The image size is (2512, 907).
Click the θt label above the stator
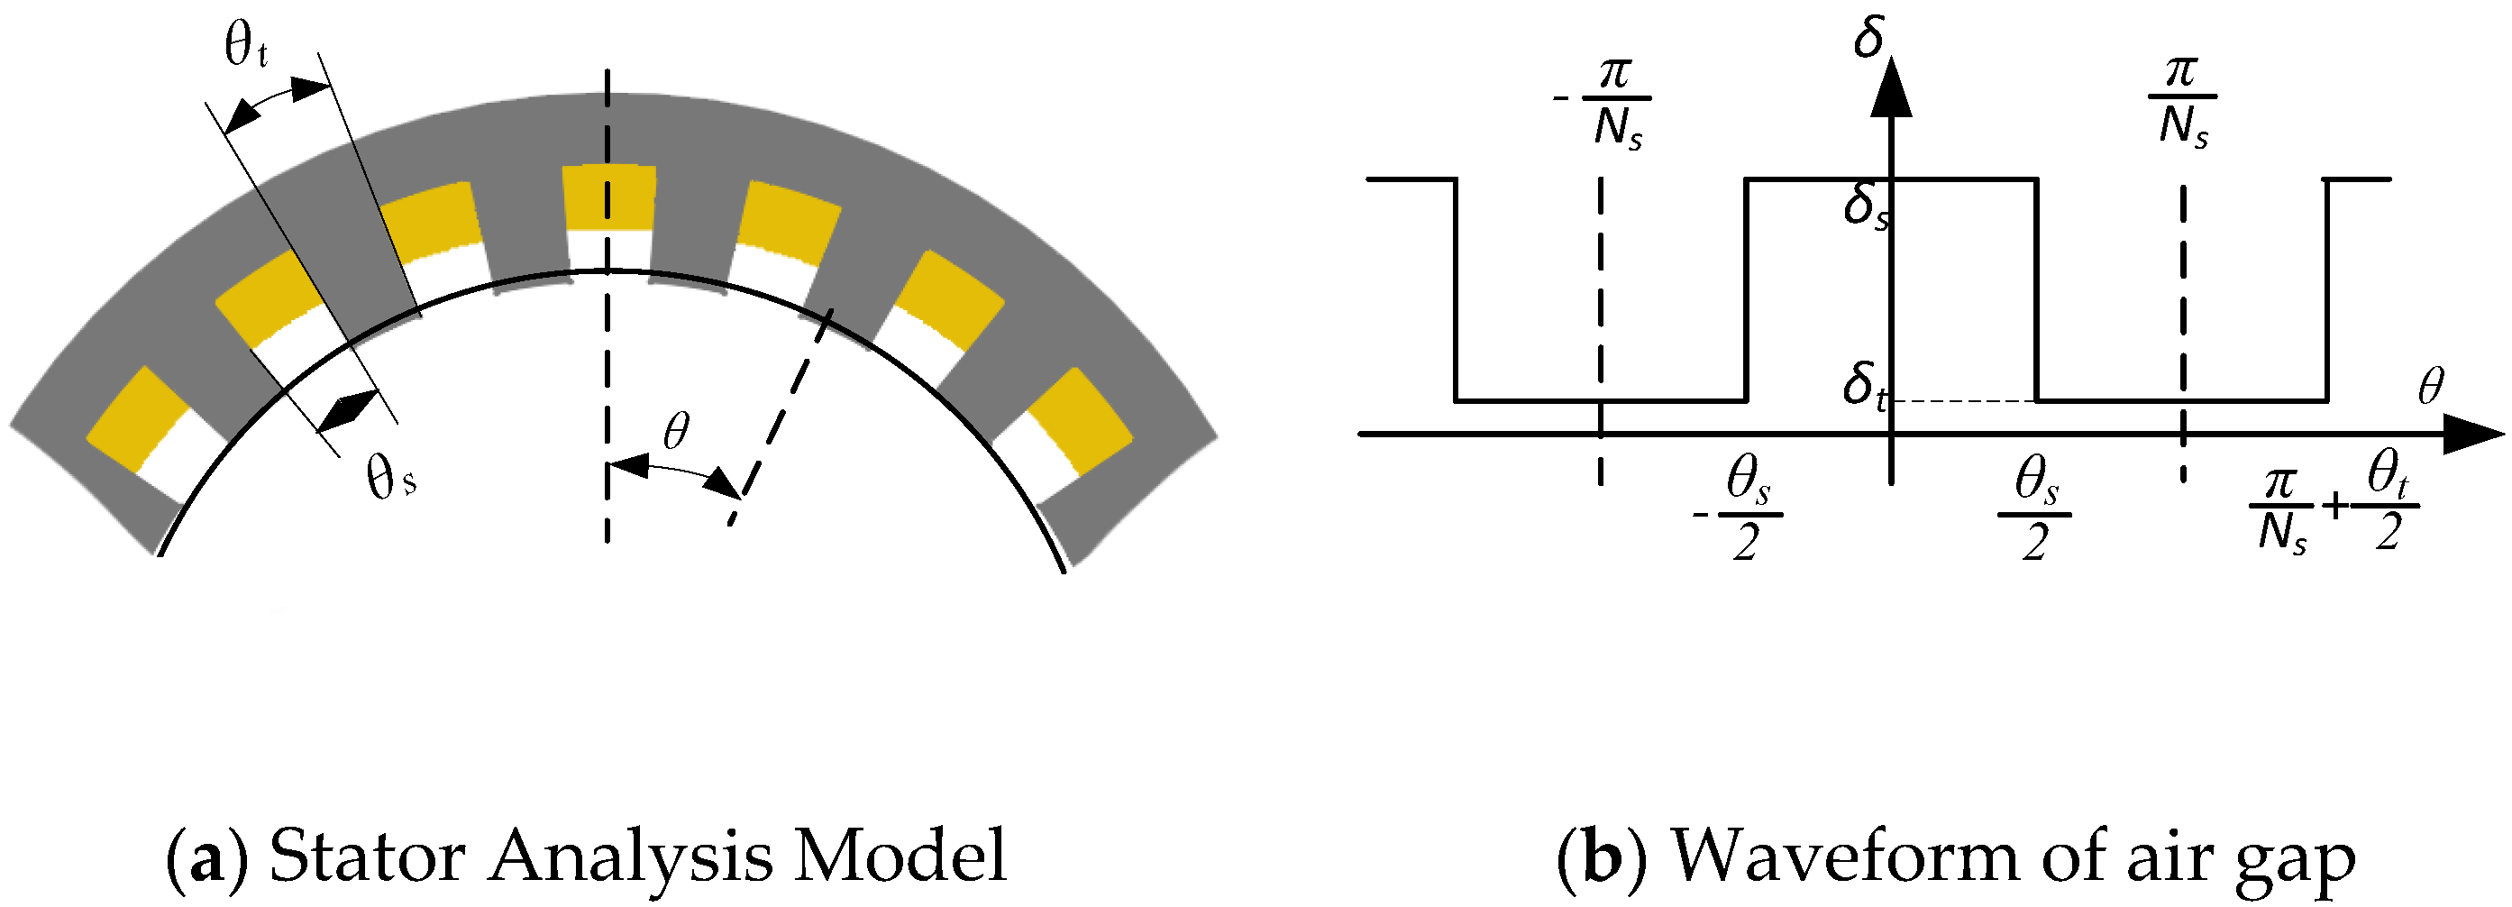pos(246,46)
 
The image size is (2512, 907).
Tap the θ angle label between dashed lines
pos(676,430)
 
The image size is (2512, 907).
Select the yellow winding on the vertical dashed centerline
pos(608,198)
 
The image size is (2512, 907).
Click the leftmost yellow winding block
pos(136,417)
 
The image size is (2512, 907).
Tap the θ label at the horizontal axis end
pos(2430,387)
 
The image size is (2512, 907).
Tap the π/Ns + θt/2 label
pos(2334,509)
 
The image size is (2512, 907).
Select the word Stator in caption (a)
pos(367,857)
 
